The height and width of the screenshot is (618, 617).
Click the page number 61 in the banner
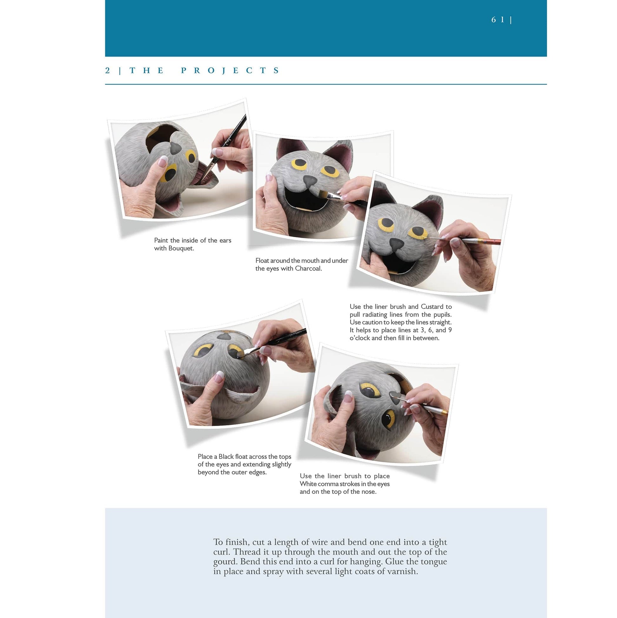(497, 20)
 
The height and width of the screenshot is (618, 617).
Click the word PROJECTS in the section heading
(230, 70)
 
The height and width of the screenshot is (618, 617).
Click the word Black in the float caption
(226, 456)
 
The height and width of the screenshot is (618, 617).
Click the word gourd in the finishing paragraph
(225, 562)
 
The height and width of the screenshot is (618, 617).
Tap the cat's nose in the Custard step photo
(397, 244)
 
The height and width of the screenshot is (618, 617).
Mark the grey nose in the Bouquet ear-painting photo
(175, 148)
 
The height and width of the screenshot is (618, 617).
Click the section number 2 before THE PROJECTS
(107, 70)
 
